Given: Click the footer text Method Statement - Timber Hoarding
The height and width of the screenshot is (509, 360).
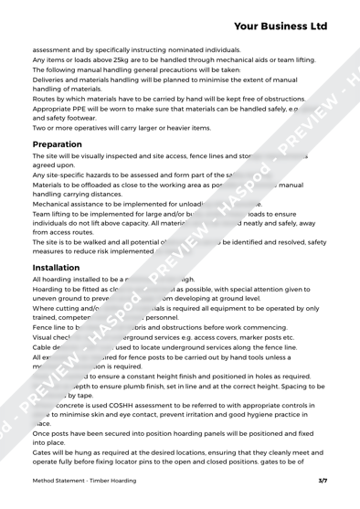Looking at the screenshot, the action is pos(85,493).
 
